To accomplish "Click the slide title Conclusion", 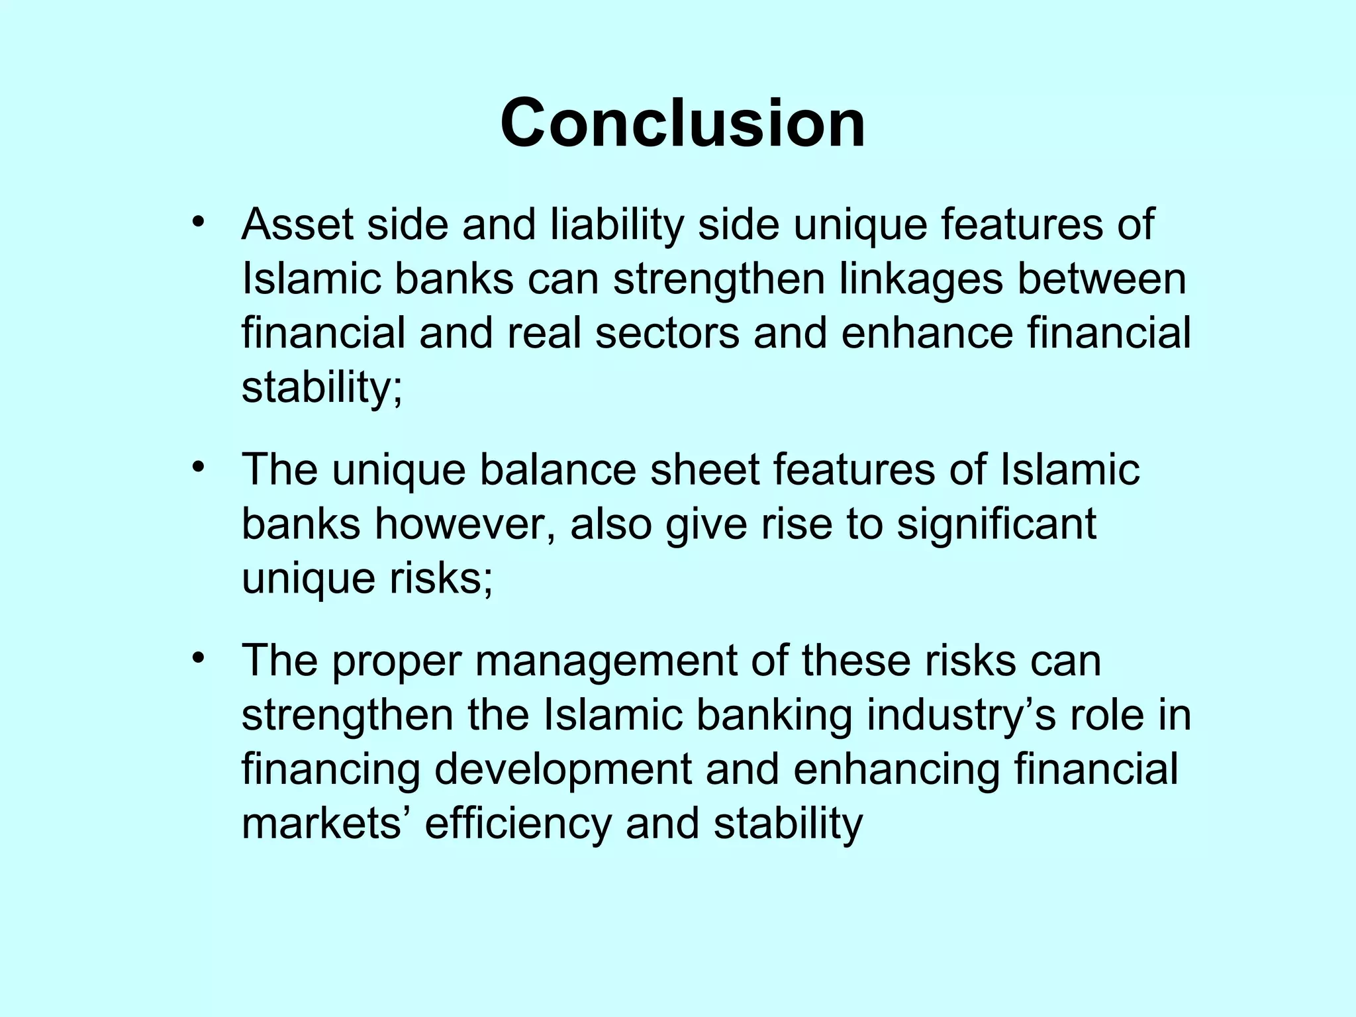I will click(x=683, y=124).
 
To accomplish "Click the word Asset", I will click(x=297, y=225).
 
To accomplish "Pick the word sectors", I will click(x=667, y=333).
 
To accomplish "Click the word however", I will click(x=465, y=524).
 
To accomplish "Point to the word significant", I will click(x=996, y=524).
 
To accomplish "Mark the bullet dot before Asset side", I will click(x=197, y=222).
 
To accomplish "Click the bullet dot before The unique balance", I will click(x=197, y=467).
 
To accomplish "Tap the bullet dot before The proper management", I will click(x=197, y=659).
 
